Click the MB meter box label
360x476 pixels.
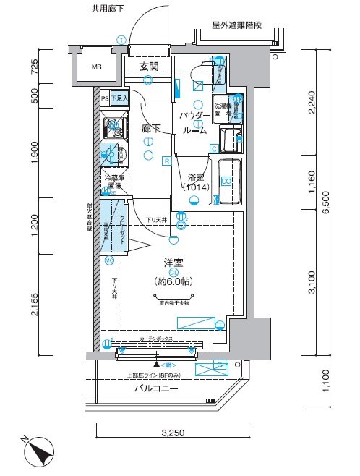click(95, 69)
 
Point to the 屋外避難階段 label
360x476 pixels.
click(236, 25)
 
